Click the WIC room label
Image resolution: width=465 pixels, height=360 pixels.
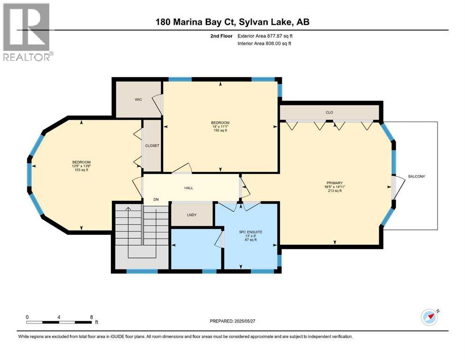[138, 99]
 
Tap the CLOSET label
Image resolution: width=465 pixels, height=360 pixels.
[152, 146]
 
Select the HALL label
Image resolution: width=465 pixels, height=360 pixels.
[189, 188]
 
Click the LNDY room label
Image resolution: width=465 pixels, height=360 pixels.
[192, 215]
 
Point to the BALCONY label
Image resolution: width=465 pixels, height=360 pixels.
[417, 176]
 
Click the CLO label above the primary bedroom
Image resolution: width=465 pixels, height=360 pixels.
[329, 112]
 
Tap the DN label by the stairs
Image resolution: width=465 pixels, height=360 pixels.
[156, 199]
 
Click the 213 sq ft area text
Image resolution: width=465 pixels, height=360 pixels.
[334, 191]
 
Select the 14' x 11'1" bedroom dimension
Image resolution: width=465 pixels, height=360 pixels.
[221, 127]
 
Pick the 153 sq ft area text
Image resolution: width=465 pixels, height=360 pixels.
[81, 170]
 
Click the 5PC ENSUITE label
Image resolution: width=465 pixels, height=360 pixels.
[251, 232]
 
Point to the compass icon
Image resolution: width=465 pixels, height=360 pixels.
[429, 317]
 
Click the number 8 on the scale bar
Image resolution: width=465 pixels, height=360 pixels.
[91, 317]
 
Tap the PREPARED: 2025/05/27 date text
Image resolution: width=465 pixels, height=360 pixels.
[232, 321]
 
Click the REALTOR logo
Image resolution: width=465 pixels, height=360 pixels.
[28, 32]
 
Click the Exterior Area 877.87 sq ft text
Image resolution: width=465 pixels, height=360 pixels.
[265, 36]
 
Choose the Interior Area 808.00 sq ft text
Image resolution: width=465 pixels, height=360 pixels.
[264, 43]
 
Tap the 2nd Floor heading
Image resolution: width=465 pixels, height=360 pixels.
[221, 36]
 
